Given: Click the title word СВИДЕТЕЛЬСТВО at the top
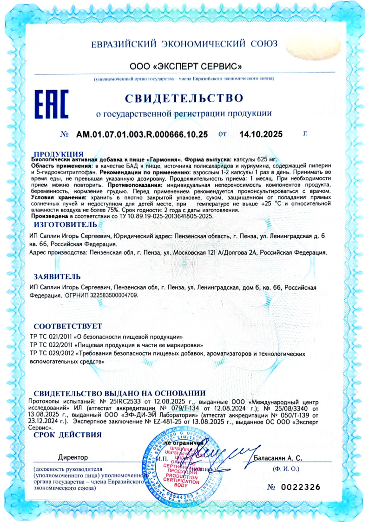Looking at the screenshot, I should point(184,98).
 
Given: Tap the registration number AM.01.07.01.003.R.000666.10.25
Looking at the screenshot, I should point(142,135).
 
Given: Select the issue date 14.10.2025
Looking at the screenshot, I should point(261,135).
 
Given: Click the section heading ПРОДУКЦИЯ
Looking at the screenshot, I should point(59,153).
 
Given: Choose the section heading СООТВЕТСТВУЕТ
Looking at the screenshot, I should point(67,326).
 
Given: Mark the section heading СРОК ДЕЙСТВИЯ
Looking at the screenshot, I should point(67,435).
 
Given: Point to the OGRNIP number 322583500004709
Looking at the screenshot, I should point(112,295).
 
